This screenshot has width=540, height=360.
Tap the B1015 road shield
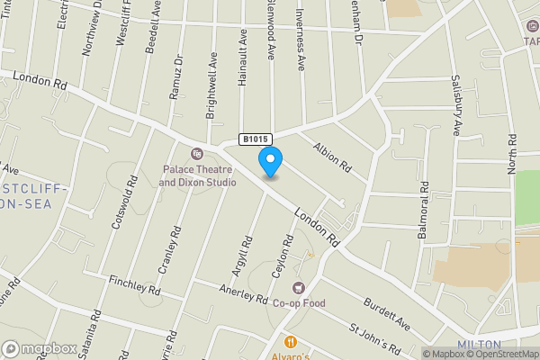(253, 139)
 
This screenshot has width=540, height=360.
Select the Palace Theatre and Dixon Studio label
(198, 175)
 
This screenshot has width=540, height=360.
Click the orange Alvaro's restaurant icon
(291, 342)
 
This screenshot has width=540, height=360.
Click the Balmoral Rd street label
(423, 210)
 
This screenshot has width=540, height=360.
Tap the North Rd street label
(513, 152)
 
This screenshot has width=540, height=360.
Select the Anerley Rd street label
(244, 294)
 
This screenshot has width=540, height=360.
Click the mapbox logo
(40, 348)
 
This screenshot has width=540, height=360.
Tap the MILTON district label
(477, 344)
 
